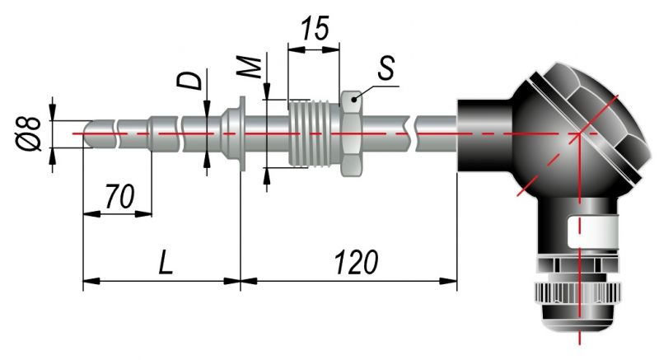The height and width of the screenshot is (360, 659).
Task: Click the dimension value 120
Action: [357, 263]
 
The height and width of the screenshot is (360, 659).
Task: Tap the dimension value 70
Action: [119, 197]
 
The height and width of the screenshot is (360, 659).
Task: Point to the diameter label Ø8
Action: [30, 132]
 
